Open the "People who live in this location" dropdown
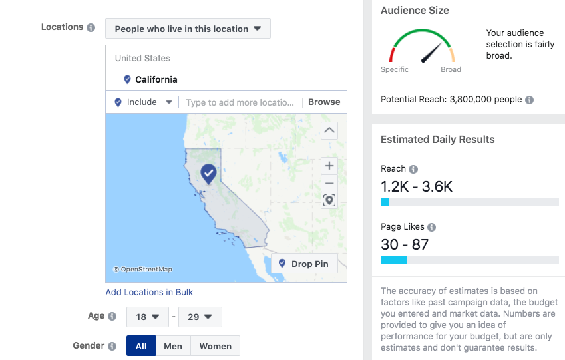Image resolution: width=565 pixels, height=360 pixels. pos(188,29)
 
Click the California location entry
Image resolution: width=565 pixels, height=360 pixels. pos(156,79)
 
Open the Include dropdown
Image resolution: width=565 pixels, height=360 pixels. pos(143,102)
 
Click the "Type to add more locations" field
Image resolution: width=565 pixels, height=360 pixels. pos(240,102)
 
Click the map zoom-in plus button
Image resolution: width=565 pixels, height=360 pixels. pos(329,166)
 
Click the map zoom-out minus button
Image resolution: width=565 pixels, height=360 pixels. pos(329,183)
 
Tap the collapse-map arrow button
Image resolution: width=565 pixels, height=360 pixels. pos(329,130)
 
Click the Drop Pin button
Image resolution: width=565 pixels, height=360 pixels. pos(303,264)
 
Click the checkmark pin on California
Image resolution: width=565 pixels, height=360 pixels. pos(209,174)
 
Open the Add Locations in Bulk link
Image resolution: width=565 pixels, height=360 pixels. pos(149,292)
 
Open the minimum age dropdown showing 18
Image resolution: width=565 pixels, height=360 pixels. pos(147,317)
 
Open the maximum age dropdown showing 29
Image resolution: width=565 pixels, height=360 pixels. pos(200,317)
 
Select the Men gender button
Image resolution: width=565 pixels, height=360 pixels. pos(173,346)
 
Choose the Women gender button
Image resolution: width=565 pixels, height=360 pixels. pos(215,346)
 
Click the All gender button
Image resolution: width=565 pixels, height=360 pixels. pos(141,346)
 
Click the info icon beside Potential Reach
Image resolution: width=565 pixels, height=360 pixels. pos(529,100)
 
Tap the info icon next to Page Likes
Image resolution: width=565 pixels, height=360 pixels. pos(431,227)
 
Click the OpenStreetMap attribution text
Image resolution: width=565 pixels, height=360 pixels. pos(142,270)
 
